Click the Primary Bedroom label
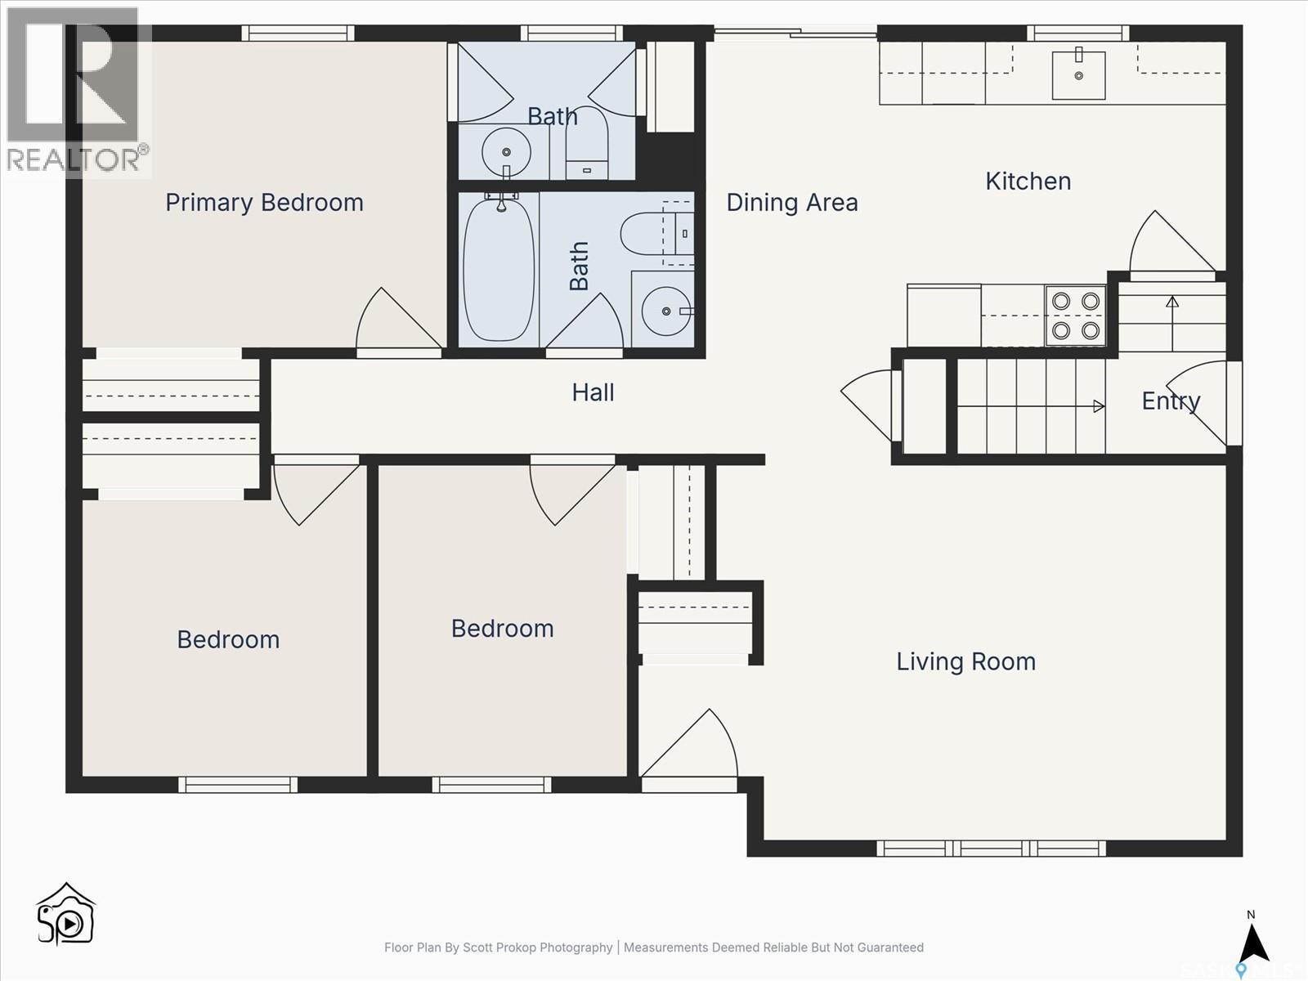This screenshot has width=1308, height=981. click(x=264, y=202)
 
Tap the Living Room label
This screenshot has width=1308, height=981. click(x=965, y=661)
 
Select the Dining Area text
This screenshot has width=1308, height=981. click(x=791, y=202)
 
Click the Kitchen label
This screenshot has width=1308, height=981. click(x=1028, y=181)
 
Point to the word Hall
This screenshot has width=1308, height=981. click(x=593, y=392)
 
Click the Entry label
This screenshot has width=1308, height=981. click(x=1170, y=401)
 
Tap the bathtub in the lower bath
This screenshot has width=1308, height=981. click(x=498, y=270)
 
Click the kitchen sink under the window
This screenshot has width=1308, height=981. click(x=1078, y=74)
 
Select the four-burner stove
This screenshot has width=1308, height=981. click(x=1075, y=316)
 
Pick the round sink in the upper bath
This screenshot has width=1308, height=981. click(x=506, y=152)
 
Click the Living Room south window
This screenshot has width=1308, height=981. click(x=991, y=848)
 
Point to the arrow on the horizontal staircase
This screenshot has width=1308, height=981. click(x=1098, y=406)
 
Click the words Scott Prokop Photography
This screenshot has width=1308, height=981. click(x=537, y=947)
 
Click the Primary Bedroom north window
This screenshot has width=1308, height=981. click(x=298, y=34)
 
